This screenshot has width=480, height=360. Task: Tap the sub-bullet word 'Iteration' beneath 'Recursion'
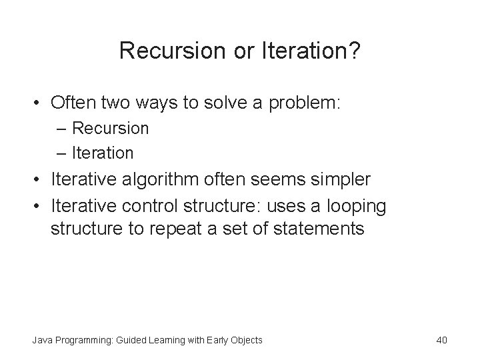pyautogui.click(x=103, y=153)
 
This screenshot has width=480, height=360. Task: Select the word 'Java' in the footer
pyautogui.click(x=40, y=341)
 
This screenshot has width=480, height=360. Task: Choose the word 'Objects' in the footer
pyautogui.click(x=246, y=341)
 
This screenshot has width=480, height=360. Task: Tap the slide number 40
pyautogui.click(x=441, y=341)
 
